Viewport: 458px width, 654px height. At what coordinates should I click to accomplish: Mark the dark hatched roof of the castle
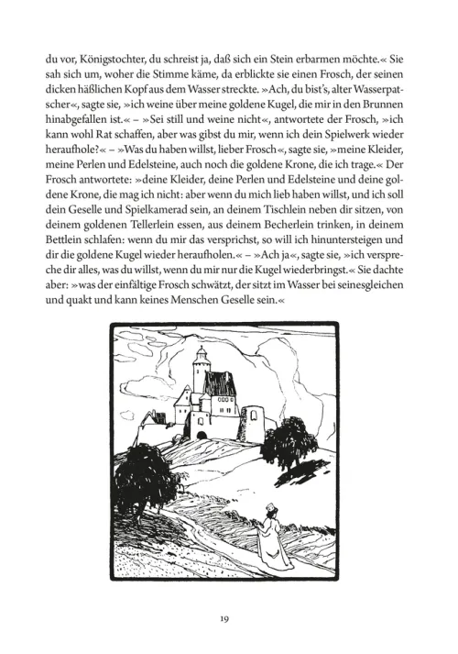pos(220,383)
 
